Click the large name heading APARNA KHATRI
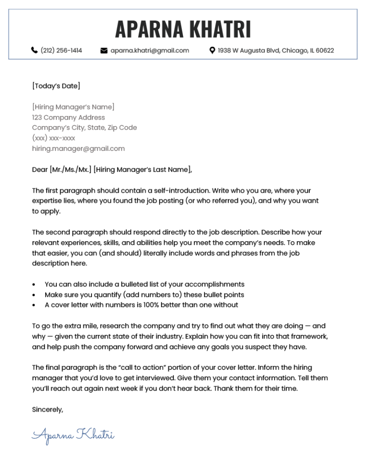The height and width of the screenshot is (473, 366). tap(183, 30)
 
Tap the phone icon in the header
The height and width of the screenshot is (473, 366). tap(34, 50)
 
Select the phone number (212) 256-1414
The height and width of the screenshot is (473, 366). tap(61, 50)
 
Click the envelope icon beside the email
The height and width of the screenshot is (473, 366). tap(104, 50)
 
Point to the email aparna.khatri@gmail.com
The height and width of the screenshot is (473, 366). tap(150, 50)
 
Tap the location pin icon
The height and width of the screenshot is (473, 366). tap(213, 50)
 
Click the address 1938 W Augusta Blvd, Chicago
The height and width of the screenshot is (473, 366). tap(276, 50)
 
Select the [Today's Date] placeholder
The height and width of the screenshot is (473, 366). tap(56, 86)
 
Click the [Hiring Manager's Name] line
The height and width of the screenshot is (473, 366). tap(73, 107)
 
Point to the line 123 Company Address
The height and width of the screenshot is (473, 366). tap(68, 118)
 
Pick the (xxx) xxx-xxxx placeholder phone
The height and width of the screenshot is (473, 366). tap(53, 138)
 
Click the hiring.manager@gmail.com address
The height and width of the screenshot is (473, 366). tap(78, 148)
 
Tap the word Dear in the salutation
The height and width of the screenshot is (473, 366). tap(40, 169)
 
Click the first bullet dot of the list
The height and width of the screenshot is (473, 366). tap(33, 285)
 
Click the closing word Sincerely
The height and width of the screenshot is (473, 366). tap(47, 409)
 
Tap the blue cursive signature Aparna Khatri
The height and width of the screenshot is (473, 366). tap(73, 435)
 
